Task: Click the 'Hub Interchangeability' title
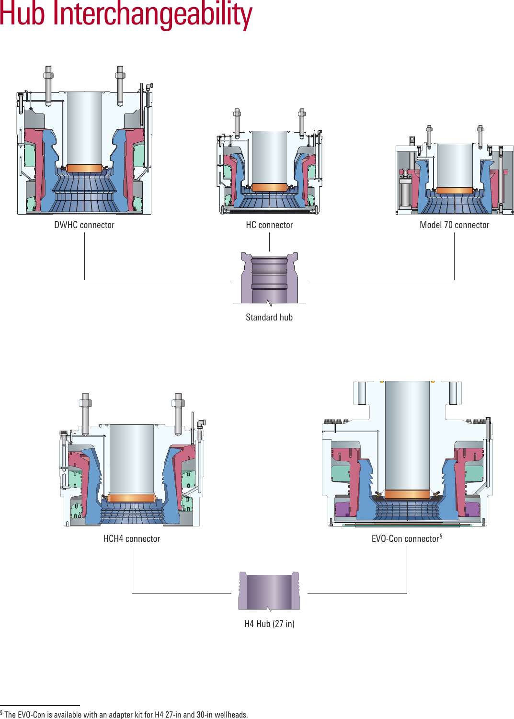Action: click(x=126, y=14)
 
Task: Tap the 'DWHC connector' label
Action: click(x=84, y=225)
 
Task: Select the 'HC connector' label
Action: click(x=269, y=225)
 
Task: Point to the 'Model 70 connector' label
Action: click(x=454, y=225)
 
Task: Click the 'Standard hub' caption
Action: click(x=269, y=317)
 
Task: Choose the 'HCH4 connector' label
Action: click(x=132, y=539)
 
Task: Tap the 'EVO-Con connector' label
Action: click(x=405, y=539)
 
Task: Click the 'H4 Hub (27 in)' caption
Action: click(x=269, y=624)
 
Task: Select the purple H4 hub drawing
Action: click(x=269, y=591)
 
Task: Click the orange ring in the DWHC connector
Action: click(x=84, y=168)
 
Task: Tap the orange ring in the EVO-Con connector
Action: click(x=407, y=494)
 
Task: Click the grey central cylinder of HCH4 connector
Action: click(x=132, y=457)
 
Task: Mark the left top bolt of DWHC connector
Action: click(x=48, y=85)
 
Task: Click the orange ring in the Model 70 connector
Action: click(x=455, y=191)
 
